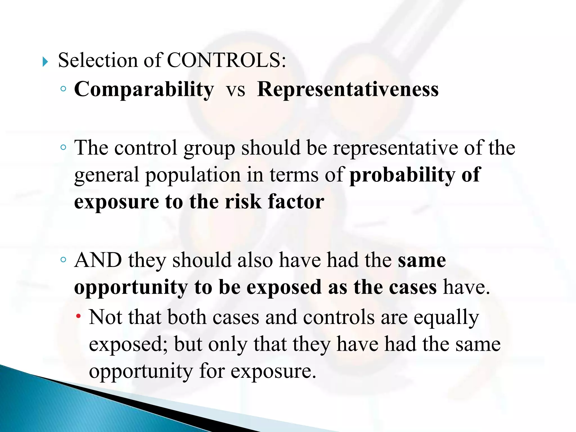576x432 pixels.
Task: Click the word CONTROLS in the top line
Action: (226, 60)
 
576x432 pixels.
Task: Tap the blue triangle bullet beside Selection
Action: (45, 62)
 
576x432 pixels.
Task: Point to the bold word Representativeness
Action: (348, 90)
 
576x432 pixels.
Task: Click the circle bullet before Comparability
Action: (64, 89)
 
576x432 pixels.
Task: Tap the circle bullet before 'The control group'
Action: (64, 147)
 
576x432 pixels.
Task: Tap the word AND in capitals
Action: (98, 260)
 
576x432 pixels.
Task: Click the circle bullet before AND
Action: (64, 260)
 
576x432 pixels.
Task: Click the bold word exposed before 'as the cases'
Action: (284, 287)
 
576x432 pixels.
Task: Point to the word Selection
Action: (98, 60)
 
